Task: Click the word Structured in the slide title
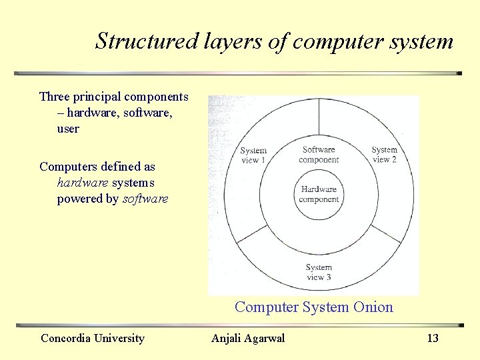point(145,41)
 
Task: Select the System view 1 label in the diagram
point(253,155)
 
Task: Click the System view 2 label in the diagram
point(384,155)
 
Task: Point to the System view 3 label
point(319,273)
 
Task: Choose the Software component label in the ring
point(319,155)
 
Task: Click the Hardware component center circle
point(319,195)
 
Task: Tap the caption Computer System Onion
point(313,307)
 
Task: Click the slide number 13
point(433,339)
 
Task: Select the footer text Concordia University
point(93,339)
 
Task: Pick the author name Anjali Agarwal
point(248,339)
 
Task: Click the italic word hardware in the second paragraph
point(83,183)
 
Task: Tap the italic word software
point(145,199)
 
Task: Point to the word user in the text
point(68,129)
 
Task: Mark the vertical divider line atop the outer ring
point(319,117)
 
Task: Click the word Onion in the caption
point(373,307)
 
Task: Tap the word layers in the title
point(229,41)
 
